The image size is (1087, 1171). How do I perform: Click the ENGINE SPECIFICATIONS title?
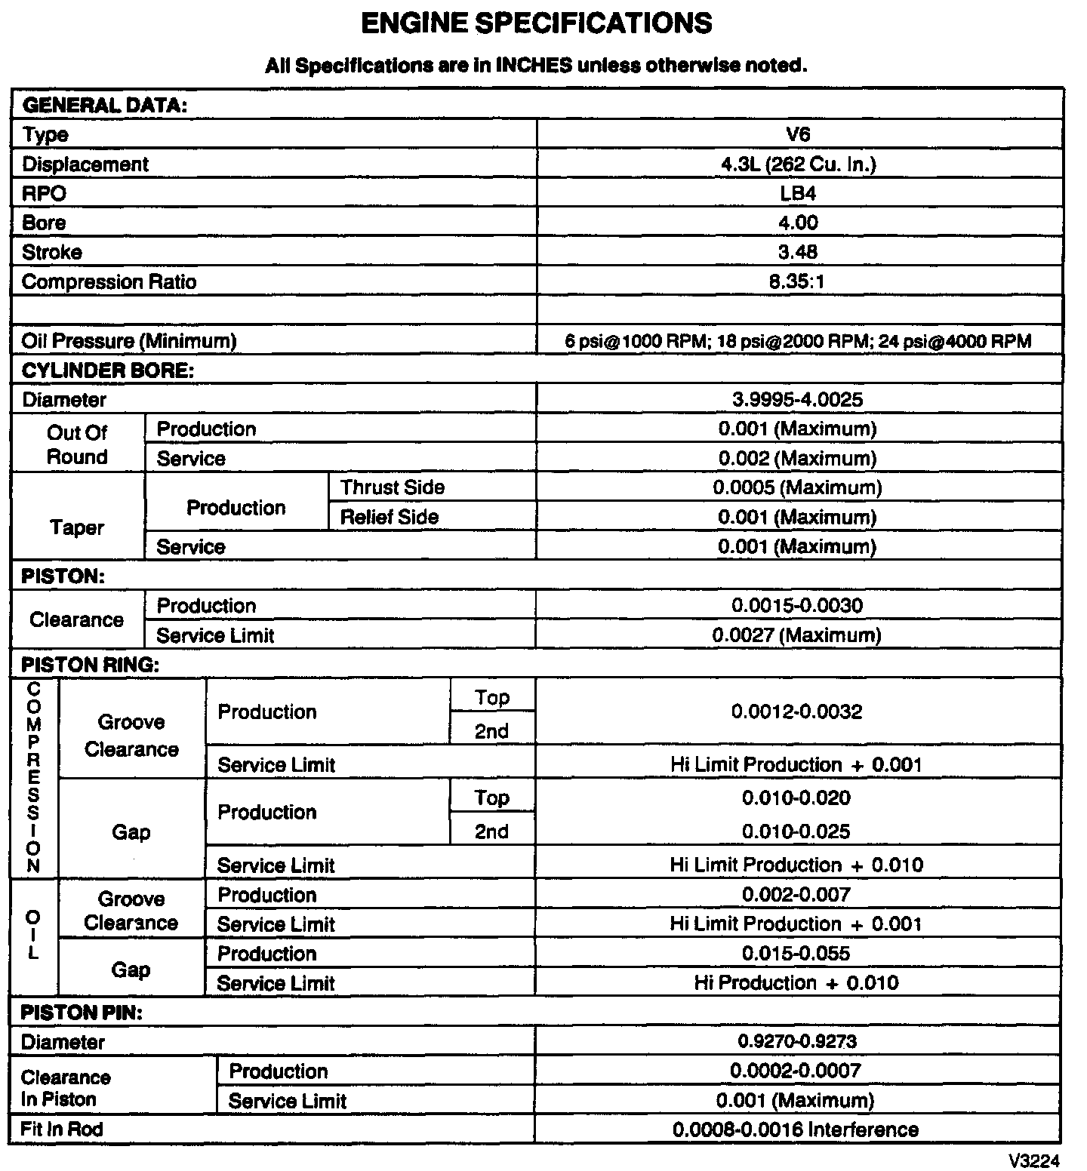(x=536, y=23)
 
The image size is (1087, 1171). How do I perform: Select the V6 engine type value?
(x=798, y=134)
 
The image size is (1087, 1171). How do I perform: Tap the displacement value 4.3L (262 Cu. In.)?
(x=798, y=164)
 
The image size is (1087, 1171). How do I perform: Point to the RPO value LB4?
(x=798, y=194)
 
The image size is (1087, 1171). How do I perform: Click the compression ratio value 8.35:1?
(x=798, y=282)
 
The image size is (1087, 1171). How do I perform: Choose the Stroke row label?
(x=52, y=252)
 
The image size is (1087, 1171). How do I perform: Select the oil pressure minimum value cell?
(x=798, y=341)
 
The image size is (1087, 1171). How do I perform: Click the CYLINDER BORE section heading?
(x=108, y=370)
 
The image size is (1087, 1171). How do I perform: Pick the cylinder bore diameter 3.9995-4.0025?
(x=798, y=400)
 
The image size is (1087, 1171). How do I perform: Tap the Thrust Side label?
(x=393, y=487)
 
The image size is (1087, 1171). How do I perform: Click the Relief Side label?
(x=390, y=517)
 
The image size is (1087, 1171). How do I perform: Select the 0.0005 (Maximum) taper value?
(x=797, y=487)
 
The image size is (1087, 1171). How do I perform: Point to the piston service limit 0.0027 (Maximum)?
(x=797, y=635)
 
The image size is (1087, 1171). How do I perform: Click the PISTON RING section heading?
(x=91, y=665)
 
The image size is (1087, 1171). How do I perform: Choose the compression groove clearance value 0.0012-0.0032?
(x=797, y=712)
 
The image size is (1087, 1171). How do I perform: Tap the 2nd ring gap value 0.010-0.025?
(x=796, y=831)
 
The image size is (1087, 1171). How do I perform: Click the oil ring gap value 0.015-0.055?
(x=796, y=954)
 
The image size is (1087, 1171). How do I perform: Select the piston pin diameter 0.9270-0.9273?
(x=797, y=1042)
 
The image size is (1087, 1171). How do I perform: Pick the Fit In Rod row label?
(x=62, y=1130)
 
